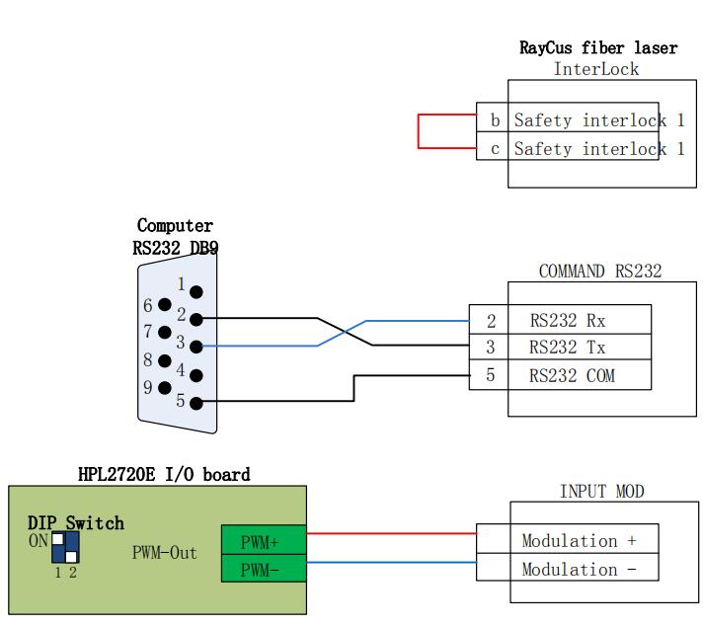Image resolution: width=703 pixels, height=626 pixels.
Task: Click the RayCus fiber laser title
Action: [598, 47]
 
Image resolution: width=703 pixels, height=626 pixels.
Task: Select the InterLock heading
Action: [595, 69]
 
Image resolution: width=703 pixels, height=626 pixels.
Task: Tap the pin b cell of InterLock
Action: [494, 120]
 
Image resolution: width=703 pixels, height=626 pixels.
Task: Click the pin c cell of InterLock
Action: [494, 149]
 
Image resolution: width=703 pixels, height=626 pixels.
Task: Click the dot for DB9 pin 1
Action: [196, 292]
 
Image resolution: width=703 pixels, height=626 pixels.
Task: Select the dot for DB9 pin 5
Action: [196, 402]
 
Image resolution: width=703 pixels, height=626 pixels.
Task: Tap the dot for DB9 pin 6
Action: [164, 306]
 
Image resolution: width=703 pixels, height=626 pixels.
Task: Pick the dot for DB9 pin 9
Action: [164, 387]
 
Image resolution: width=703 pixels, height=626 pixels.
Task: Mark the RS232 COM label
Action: [572, 375]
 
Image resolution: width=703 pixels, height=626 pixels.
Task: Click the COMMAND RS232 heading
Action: [599, 272]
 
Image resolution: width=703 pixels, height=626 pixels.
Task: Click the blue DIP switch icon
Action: [65, 548]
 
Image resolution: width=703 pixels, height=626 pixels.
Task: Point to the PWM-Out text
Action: [164, 552]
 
